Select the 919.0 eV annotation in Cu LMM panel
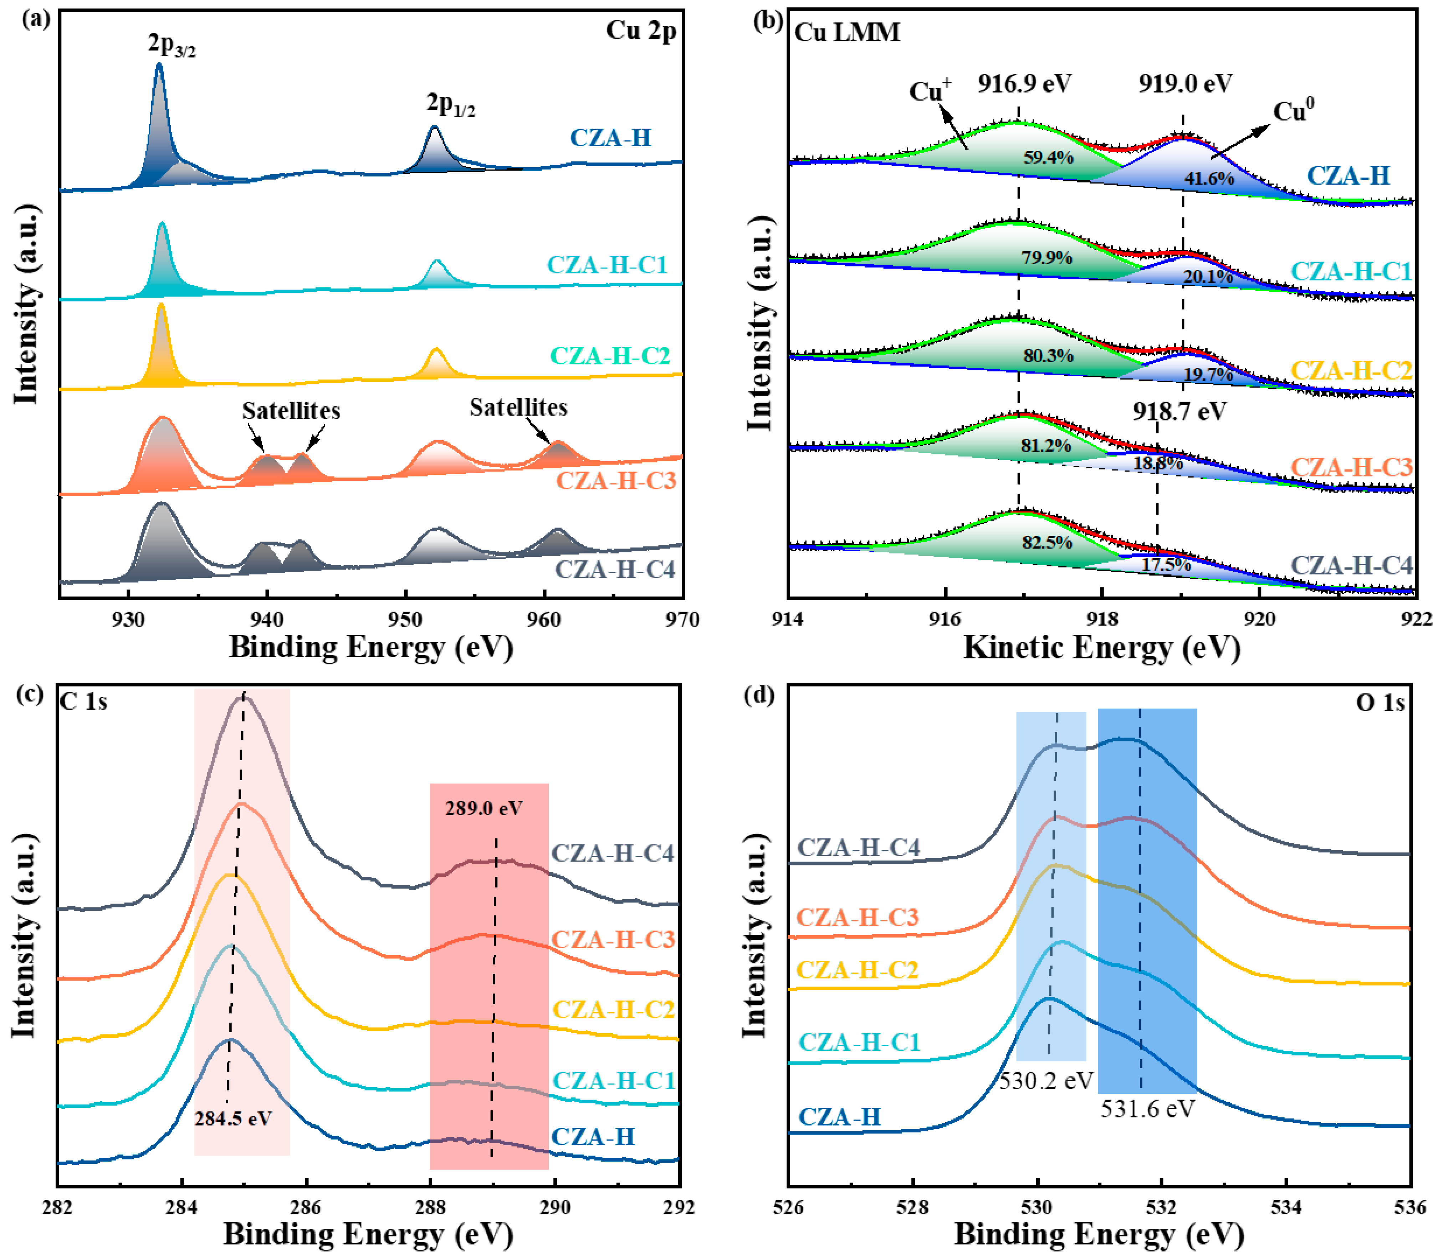(1185, 84)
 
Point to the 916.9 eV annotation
(1024, 84)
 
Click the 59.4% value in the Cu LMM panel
(1048, 157)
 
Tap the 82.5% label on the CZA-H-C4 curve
(1047, 542)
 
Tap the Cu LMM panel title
(847, 32)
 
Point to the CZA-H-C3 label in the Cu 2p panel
(615, 481)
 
